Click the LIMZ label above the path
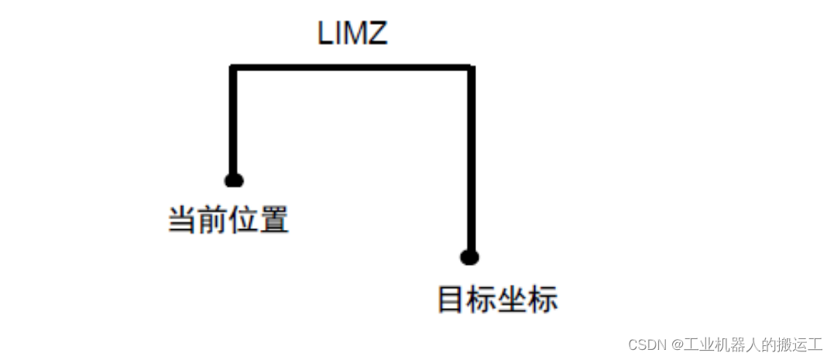click(352, 33)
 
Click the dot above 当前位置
click(234, 180)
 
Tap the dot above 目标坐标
click(468, 257)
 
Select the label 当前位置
click(228, 221)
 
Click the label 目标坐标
click(497, 300)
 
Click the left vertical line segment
click(232, 124)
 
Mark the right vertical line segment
click(470, 163)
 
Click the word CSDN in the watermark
click(647, 345)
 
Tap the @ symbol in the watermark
click(676, 345)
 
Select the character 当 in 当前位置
click(183, 221)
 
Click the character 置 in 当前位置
click(274, 221)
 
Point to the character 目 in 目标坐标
click(452, 300)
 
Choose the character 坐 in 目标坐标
click(513, 300)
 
